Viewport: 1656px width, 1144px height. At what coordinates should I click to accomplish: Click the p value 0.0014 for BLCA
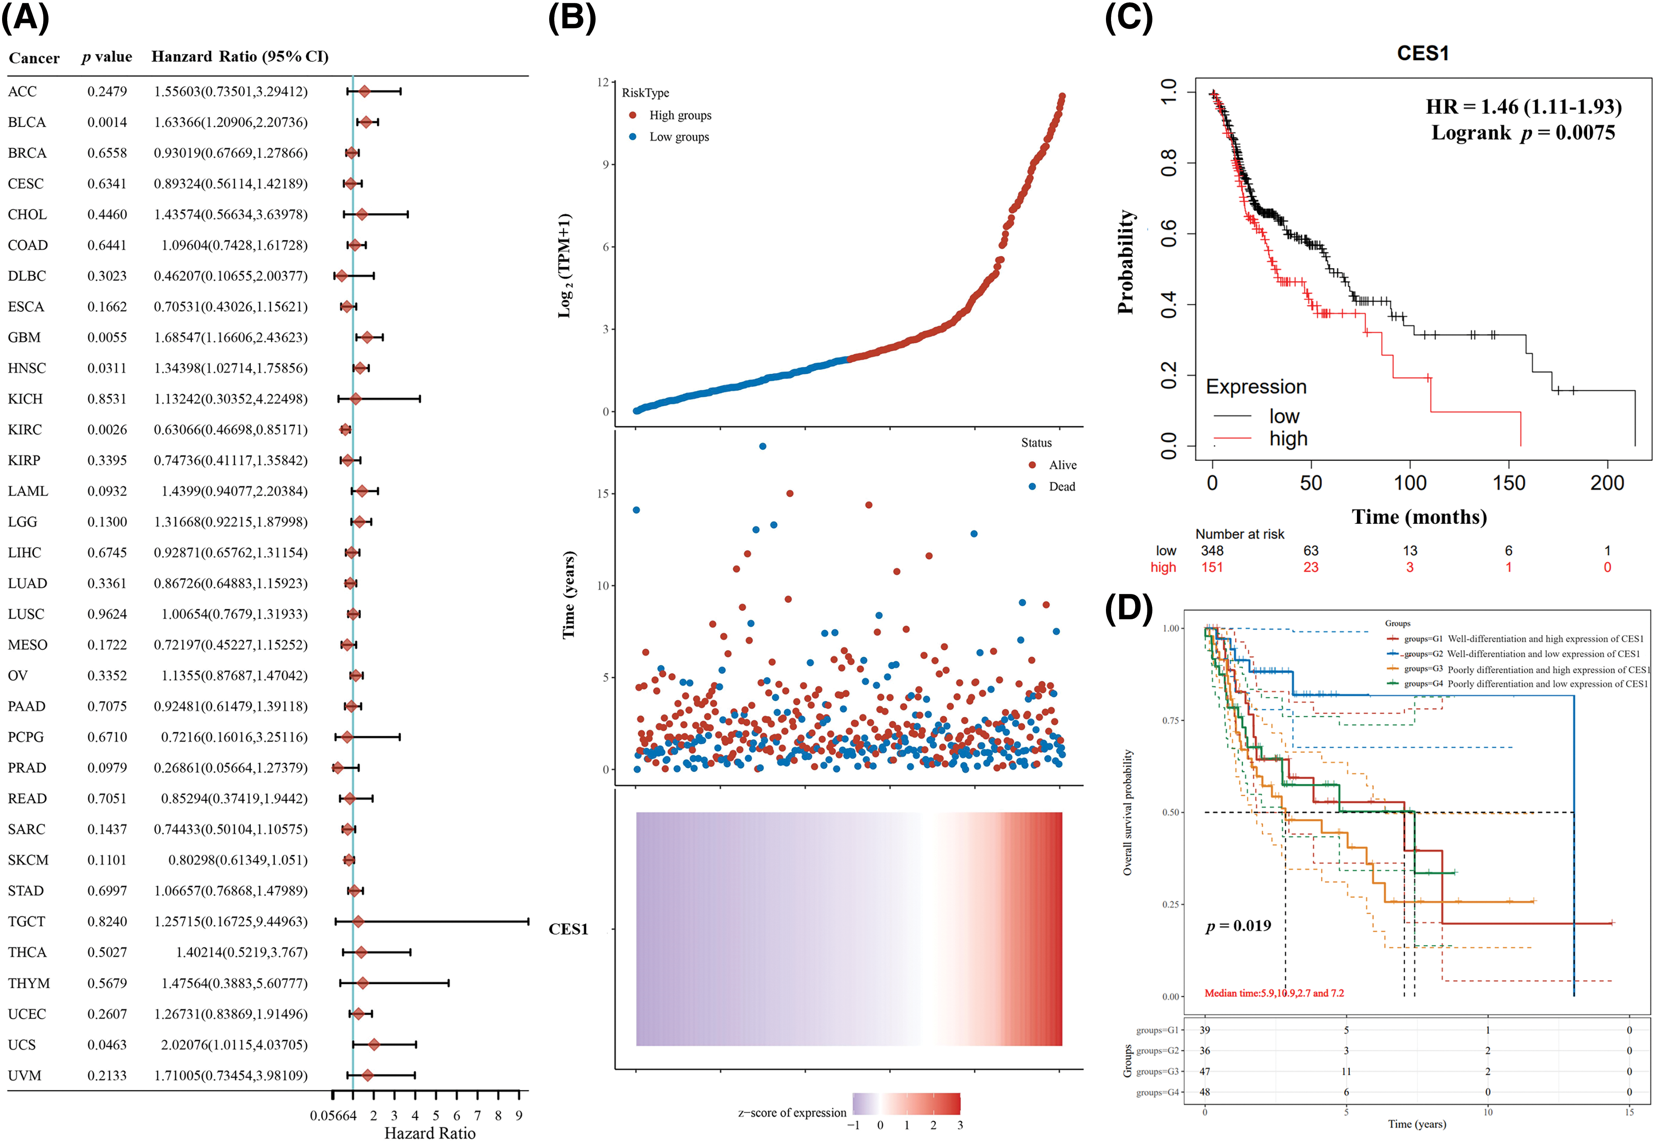(107, 122)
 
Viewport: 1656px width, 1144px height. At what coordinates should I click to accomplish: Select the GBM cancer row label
(25, 338)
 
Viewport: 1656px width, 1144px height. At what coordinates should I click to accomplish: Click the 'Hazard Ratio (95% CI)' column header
(240, 57)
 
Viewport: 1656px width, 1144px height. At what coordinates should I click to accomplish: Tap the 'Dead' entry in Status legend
(1062, 487)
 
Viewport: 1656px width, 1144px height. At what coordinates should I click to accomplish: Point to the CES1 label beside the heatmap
(568, 929)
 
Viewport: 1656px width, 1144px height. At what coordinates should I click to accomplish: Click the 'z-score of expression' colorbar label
(792, 1112)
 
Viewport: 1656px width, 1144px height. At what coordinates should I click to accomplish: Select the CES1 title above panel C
(1422, 54)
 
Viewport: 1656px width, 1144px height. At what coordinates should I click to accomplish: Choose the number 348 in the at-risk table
(1212, 550)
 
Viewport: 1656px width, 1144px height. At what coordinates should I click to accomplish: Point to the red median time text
(1274, 993)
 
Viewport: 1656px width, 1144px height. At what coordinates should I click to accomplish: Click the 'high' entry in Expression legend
(1288, 439)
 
